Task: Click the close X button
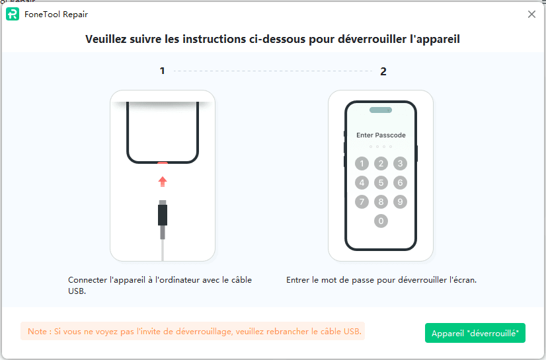tap(531, 15)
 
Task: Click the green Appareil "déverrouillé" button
tap(475, 333)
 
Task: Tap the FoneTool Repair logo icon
tap(13, 15)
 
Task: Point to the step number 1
tap(162, 71)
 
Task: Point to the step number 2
tap(383, 71)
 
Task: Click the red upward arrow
tap(163, 182)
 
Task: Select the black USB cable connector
tap(163, 215)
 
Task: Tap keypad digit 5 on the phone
tap(381, 182)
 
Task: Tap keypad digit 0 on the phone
tap(381, 221)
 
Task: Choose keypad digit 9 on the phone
tap(400, 201)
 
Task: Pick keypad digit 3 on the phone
tap(400, 163)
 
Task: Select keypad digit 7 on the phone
tap(362, 201)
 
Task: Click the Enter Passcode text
tap(381, 135)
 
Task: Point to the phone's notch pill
tap(381, 110)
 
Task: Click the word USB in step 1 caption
tap(76, 291)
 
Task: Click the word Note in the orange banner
tap(37, 331)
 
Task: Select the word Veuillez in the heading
tap(106, 39)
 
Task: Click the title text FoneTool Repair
tap(56, 15)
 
